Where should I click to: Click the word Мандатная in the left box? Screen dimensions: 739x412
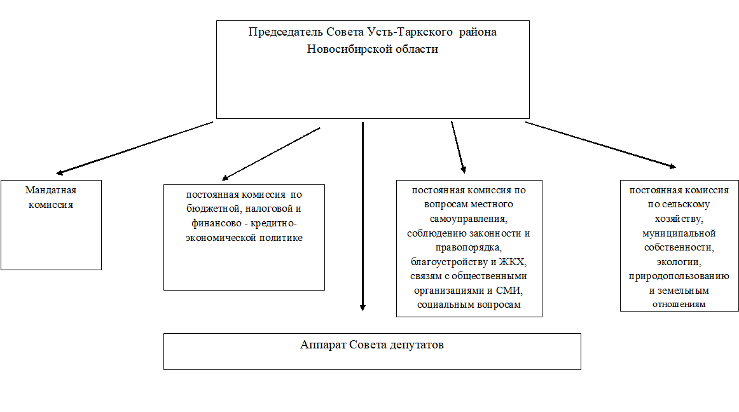pos(51,190)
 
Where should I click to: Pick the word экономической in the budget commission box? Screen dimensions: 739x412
pos(221,238)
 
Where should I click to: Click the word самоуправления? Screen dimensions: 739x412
pos(469,219)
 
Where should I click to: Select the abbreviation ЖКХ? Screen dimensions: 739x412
pos(513,262)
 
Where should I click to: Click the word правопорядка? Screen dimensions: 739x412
pos(469,248)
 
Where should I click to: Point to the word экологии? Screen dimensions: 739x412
pos(679,262)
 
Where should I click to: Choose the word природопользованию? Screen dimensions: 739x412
pos(679,277)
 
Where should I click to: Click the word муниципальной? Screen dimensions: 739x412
pos(679,233)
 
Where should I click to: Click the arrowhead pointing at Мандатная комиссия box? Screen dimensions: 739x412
pos(59,172)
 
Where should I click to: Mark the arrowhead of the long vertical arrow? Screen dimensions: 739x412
pos(363,307)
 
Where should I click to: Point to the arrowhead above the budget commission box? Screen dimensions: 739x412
pos(225,178)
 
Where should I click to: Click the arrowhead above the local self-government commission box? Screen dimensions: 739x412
pos(463,170)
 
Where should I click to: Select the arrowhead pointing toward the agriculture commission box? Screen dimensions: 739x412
pos(673,166)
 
